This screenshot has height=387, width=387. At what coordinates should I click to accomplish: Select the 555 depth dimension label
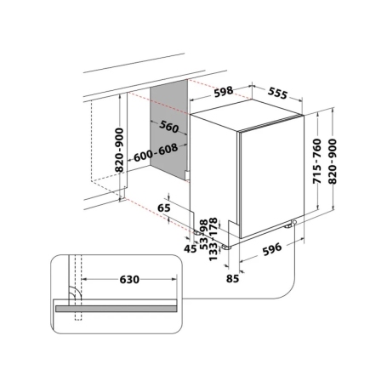tap(278, 92)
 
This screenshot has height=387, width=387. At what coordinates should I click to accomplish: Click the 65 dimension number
tap(163, 207)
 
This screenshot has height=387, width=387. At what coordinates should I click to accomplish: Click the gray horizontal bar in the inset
tap(117, 310)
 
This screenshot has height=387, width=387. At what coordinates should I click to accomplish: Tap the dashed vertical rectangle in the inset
tap(77, 289)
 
